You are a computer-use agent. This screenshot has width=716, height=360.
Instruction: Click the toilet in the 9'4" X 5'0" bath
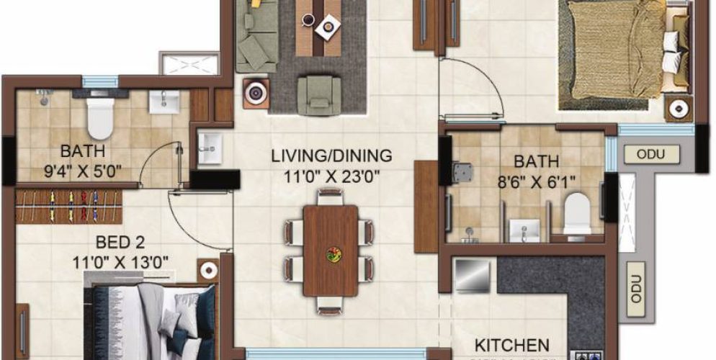tap(99, 117)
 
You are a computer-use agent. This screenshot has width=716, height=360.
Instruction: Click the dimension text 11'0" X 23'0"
tap(331, 173)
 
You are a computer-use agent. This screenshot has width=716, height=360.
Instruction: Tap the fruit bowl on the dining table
tap(334, 254)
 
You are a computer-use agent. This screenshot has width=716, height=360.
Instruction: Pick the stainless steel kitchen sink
tap(473, 276)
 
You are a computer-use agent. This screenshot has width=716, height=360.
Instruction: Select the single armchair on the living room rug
tap(318, 94)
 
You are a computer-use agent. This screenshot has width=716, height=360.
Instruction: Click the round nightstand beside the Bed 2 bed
tap(209, 270)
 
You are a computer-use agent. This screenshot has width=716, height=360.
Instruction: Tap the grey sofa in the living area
tap(256, 36)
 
